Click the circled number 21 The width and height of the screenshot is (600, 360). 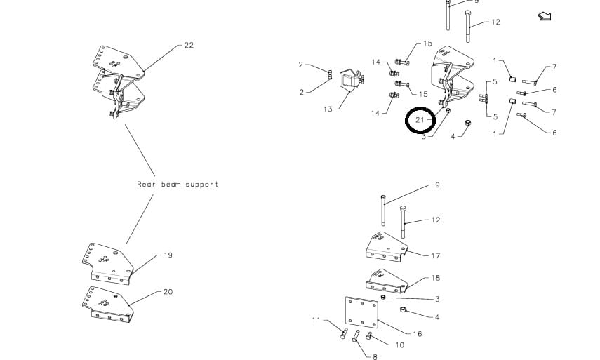420,120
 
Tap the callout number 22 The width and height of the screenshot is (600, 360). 189,45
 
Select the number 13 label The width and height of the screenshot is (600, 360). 328,109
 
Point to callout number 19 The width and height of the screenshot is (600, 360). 168,255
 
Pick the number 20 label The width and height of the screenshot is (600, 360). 168,292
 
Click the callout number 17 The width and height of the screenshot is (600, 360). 436,256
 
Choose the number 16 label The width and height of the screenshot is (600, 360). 418,334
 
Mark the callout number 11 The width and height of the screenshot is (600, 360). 316,320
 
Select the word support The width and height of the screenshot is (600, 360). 203,185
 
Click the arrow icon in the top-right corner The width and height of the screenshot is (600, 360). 544,15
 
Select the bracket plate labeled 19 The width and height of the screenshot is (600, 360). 107,263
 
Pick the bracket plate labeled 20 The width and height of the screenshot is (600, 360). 107,303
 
